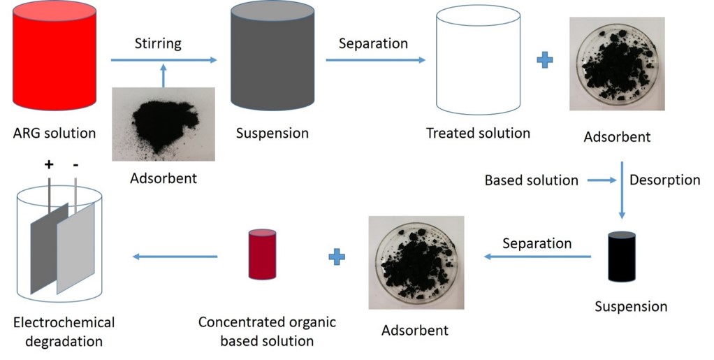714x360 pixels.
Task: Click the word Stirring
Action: coord(158,43)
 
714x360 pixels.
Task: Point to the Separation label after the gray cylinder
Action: coord(373,43)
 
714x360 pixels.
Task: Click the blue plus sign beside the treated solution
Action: coord(545,60)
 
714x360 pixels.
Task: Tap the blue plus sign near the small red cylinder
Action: coord(337,257)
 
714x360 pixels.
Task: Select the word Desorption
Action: coord(664,180)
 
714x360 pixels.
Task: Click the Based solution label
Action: coord(532,180)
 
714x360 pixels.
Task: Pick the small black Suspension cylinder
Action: coord(621,257)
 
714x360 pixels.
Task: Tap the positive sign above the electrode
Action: coord(49,165)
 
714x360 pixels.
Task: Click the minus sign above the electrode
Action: coord(75,165)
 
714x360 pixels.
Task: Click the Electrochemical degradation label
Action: coord(64,332)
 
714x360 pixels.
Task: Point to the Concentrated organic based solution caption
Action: coord(267,331)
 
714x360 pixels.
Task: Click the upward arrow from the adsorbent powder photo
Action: coord(163,75)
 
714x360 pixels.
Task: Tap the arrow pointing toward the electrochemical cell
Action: coord(175,257)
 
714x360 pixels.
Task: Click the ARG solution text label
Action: coord(54,132)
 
